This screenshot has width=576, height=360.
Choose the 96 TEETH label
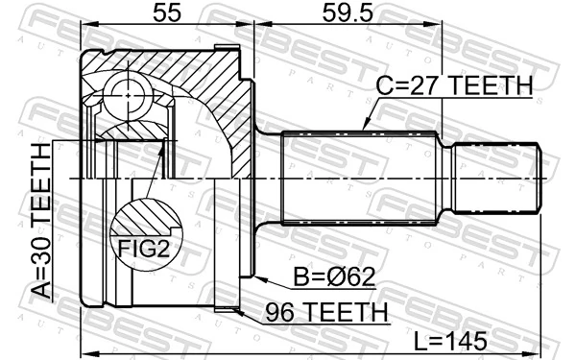pos(313,313)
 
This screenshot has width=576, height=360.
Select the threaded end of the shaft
pos(493,179)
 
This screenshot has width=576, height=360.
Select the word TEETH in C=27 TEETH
pos(491,86)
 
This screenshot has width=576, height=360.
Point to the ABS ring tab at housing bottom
pos(226,309)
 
